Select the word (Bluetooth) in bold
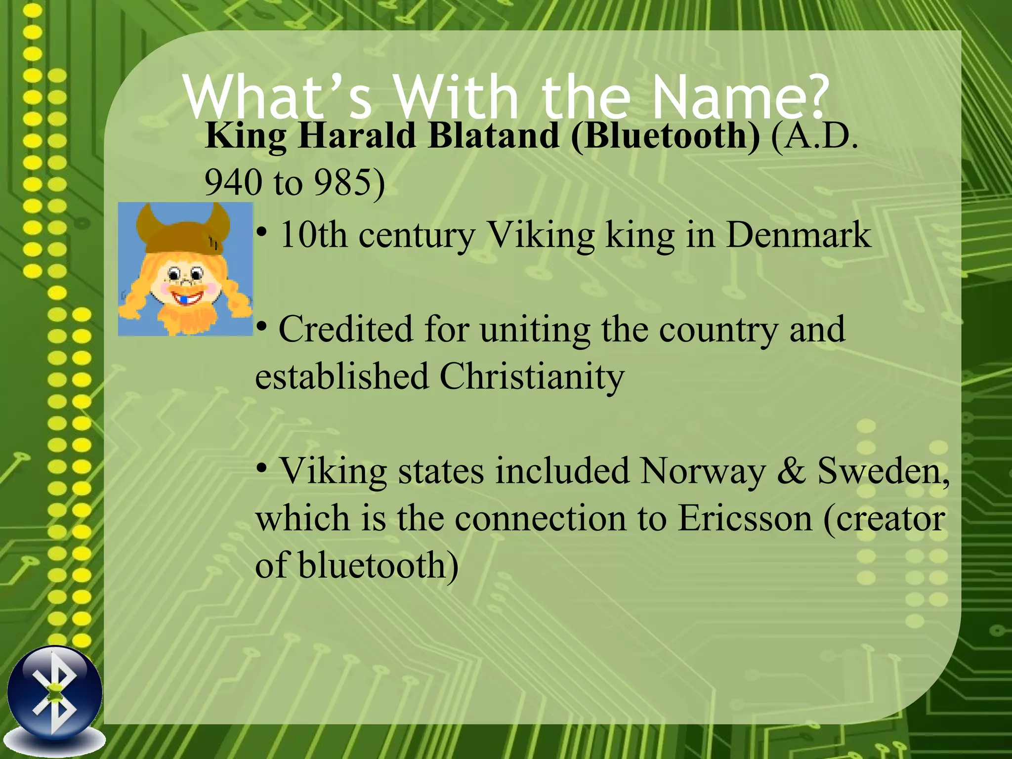[x=665, y=136]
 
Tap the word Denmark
[x=798, y=235]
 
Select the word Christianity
[x=532, y=377]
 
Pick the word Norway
[x=702, y=471]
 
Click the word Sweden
[x=882, y=471]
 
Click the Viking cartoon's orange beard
[x=188, y=319]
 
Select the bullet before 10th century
[x=262, y=231]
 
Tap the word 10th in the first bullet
[x=313, y=235]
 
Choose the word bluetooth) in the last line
[x=378, y=566]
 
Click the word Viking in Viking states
[x=334, y=471]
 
